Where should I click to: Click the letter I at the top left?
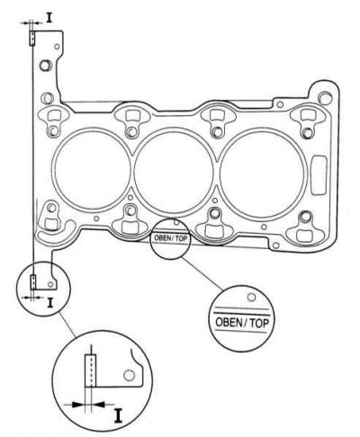pos(49,17)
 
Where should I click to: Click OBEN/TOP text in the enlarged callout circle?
pos(242,323)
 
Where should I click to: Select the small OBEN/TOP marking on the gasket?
pos(170,238)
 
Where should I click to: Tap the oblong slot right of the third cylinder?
pos(319,175)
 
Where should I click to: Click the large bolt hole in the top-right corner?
pos(323,97)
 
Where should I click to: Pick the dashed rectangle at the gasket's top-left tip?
pos(32,38)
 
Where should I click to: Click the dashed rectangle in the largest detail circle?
pos(91,370)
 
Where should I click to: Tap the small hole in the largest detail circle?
pos(130,375)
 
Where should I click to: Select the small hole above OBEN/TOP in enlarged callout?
pos(252,297)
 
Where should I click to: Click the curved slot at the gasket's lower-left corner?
pos(56,230)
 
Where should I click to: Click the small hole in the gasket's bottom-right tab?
pos(275,245)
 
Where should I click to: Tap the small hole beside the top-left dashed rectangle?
pos(57,47)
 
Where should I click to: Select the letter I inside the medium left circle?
pos(50,302)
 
